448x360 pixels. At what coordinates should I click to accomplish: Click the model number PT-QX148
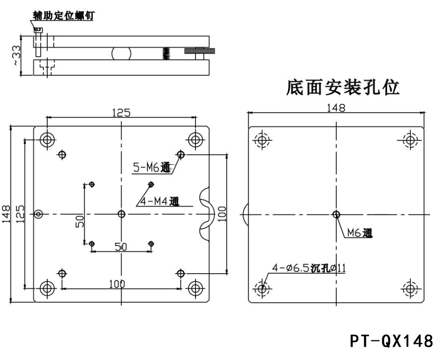tap(391, 342)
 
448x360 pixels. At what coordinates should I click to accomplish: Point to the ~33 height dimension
tap(15, 56)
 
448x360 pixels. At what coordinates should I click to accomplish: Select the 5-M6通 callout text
tap(152, 168)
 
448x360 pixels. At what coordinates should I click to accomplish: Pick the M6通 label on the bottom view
tap(360, 233)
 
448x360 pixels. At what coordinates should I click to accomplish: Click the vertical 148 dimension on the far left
tap(6, 214)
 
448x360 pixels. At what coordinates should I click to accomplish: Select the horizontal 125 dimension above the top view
tap(122, 113)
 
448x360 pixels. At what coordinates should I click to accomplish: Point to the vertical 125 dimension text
tap(20, 214)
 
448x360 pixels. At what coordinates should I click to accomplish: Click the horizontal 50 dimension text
tap(121, 247)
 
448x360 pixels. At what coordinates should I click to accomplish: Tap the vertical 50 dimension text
tap(79, 221)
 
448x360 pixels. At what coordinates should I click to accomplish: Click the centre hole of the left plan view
tap(122, 214)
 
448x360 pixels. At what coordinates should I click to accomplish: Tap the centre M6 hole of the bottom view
tap(336, 214)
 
